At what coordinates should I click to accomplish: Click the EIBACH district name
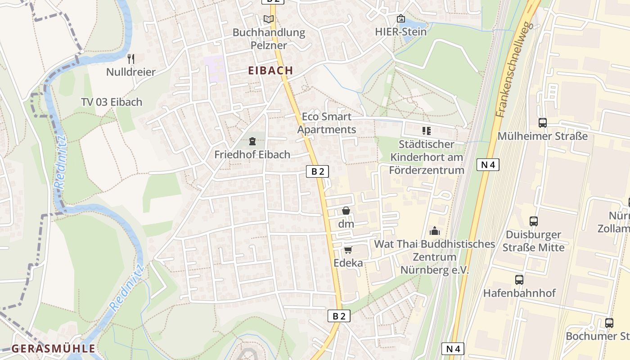270,71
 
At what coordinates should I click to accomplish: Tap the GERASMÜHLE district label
53,348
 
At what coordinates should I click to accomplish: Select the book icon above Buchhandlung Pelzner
268,19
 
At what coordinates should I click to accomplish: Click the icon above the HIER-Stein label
400,19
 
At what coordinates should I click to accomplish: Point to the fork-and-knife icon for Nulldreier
131,58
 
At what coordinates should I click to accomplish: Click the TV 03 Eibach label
112,102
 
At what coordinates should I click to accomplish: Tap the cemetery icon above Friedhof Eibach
252,141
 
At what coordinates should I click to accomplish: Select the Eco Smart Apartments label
327,123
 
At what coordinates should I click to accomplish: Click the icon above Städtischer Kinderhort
426,131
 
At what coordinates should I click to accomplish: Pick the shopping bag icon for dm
346,211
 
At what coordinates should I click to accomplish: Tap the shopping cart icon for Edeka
348,250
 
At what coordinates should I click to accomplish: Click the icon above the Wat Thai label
435,231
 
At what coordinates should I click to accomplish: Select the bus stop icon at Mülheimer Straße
542,122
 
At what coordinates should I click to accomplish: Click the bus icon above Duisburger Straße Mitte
533,221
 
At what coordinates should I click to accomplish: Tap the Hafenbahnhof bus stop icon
519,279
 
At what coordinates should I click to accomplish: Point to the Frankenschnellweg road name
514,70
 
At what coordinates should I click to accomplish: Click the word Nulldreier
131,72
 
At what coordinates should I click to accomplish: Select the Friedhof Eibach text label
252,154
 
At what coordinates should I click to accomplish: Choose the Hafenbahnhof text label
519,293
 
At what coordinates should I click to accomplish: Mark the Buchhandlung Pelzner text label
269,39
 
